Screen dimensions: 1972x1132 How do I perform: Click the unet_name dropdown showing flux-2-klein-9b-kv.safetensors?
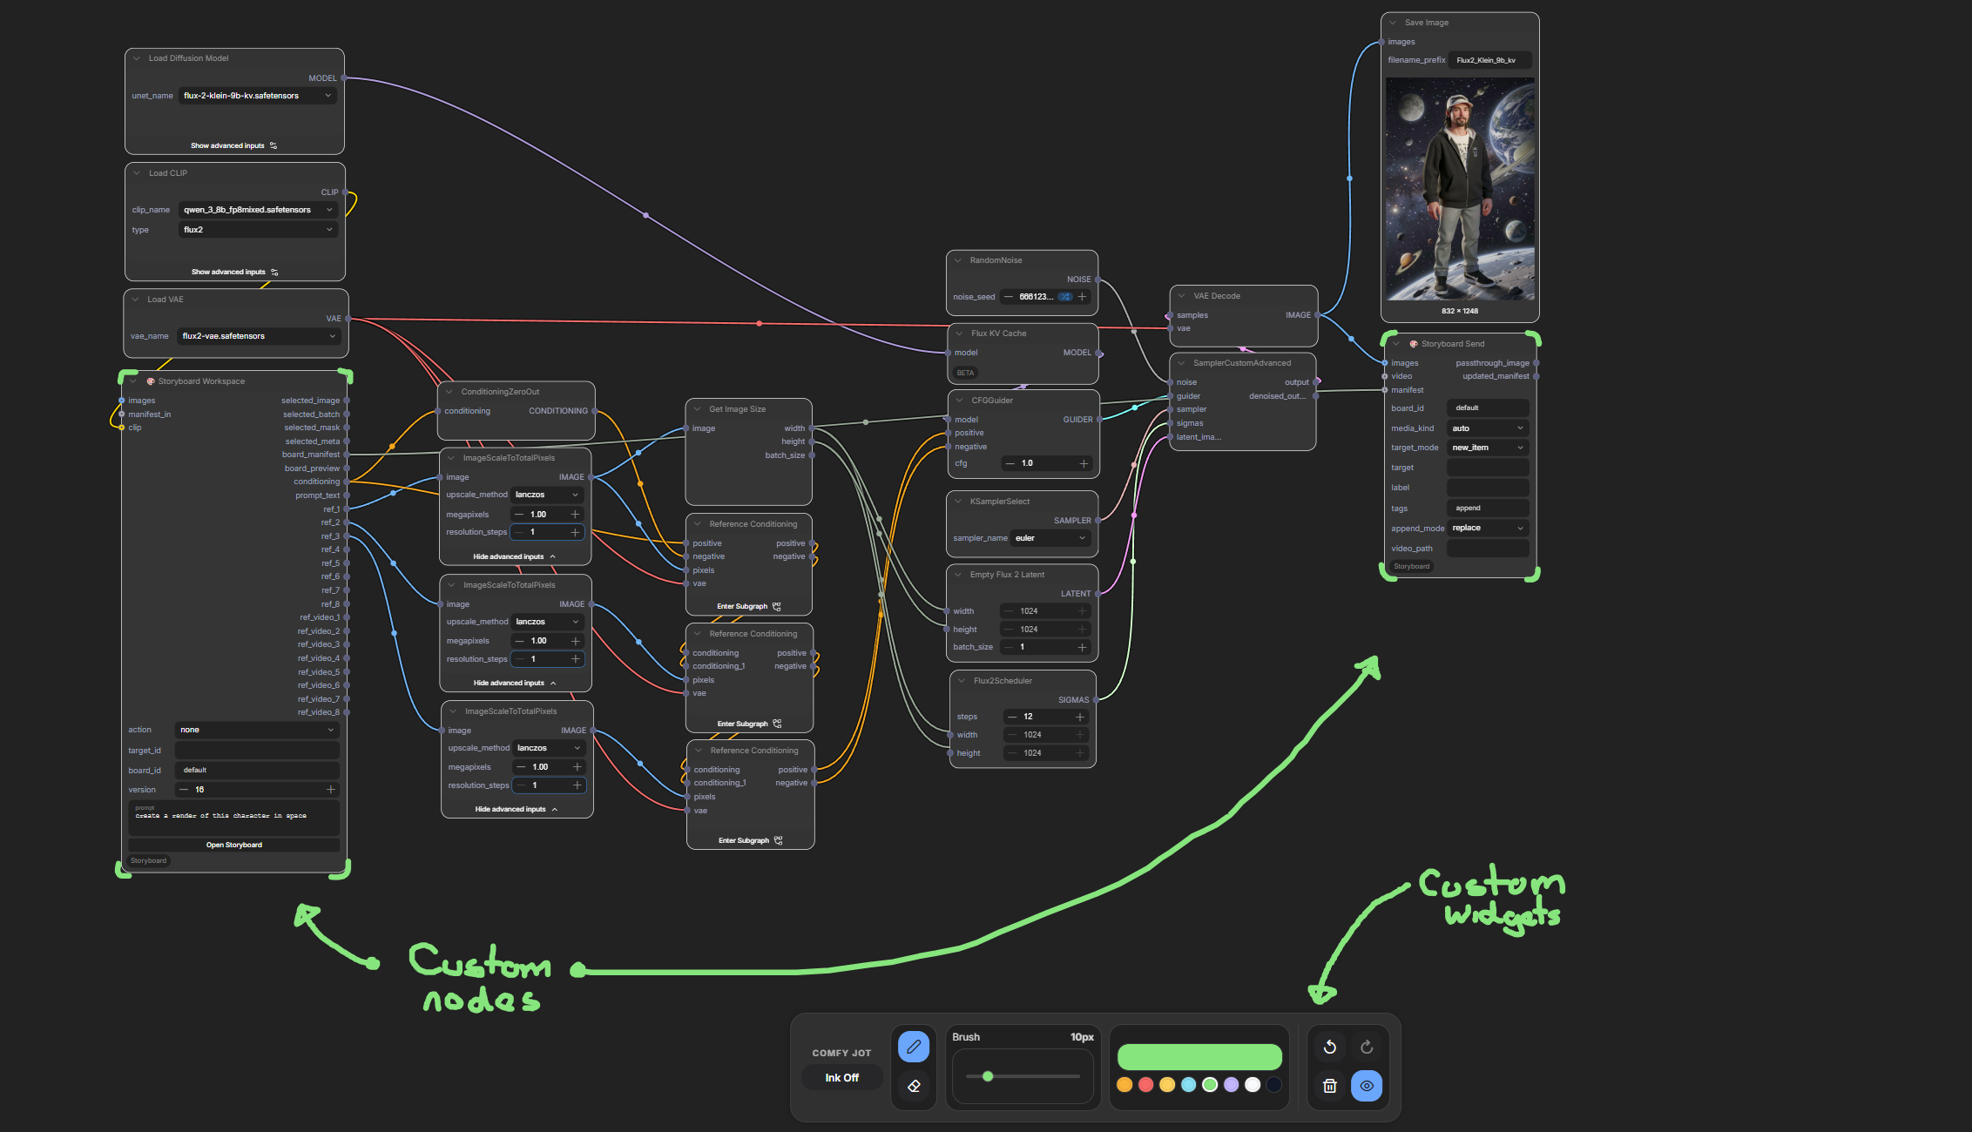(x=257, y=96)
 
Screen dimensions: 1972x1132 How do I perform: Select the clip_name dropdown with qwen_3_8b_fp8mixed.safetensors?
(x=257, y=210)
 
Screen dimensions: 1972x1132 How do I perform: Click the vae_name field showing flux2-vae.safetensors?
(x=258, y=336)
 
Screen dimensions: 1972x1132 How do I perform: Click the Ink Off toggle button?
(x=841, y=1078)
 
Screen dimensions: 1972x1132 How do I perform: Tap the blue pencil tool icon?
(x=913, y=1047)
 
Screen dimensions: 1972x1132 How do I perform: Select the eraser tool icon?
(x=913, y=1086)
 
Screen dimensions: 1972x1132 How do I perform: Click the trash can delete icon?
(x=1329, y=1086)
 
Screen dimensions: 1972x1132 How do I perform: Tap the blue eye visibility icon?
(x=1366, y=1086)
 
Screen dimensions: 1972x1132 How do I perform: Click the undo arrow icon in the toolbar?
(x=1329, y=1047)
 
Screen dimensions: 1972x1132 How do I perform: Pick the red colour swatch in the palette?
(x=1145, y=1085)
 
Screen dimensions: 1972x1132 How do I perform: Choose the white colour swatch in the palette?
(x=1253, y=1085)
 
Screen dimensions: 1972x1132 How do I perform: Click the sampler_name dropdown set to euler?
(x=1050, y=538)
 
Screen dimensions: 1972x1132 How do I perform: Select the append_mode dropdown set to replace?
(x=1488, y=528)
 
